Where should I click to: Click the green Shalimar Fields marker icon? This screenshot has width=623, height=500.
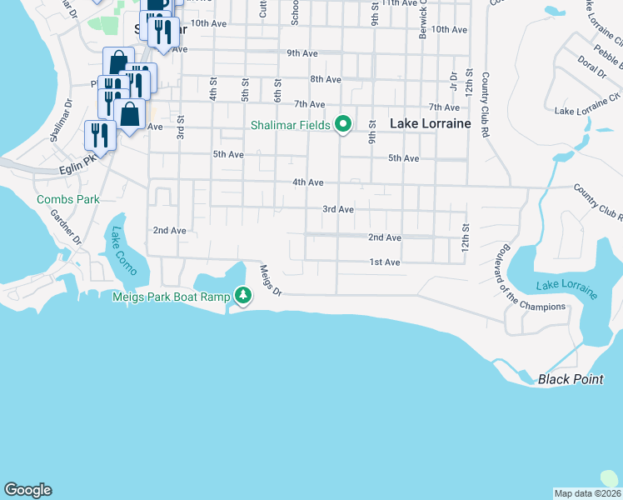342,124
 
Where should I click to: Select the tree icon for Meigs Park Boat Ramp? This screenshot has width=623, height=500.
242,295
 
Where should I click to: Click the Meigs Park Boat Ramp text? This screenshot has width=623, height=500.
172,297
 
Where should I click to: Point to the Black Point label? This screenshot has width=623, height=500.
571,379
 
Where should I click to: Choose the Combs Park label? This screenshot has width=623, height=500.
67,199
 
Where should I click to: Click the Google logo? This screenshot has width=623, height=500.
27,490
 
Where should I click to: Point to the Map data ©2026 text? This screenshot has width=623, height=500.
587,492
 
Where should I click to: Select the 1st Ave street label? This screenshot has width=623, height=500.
386,262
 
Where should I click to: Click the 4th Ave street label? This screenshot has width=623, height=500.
307,182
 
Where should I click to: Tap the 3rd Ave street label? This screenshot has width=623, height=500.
338,209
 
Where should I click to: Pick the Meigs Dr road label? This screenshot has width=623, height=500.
271,280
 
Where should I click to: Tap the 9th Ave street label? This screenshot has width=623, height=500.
302,53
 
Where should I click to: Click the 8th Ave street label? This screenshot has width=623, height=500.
326,79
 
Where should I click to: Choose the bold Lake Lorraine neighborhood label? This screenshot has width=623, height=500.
431,123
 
